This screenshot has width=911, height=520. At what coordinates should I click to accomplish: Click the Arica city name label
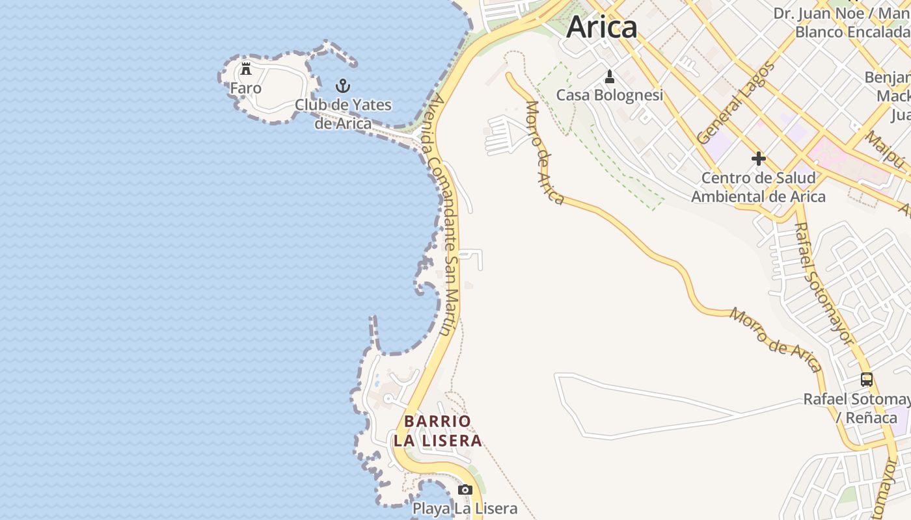tap(602, 27)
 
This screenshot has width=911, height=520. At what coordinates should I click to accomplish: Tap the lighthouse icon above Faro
tap(246, 68)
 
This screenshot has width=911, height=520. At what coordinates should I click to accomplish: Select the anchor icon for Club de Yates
tap(342, 86)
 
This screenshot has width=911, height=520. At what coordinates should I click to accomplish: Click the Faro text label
tap(246, 88)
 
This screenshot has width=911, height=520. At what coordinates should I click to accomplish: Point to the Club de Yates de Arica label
tap(343, 114)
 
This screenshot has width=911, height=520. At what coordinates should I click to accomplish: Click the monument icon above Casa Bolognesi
tap(610, 77)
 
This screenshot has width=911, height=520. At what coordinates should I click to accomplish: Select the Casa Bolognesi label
tap(610, 96)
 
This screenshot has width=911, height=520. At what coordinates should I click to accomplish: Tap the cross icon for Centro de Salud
tap(758, 159)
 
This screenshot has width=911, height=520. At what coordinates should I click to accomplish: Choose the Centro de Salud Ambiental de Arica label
tap(758, 187)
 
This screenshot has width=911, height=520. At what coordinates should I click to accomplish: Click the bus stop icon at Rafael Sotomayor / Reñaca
tap(867, 380)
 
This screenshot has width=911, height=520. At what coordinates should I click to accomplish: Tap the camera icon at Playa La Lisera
tap(465, 489)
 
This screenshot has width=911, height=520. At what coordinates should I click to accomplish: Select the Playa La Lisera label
tap(465, 509)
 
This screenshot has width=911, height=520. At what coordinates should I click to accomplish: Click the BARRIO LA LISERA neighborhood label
tap(437, 431)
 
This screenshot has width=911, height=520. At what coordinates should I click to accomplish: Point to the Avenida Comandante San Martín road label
tap(442, 214)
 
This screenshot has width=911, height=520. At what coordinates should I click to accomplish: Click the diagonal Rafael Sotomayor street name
tap(823, 283)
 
